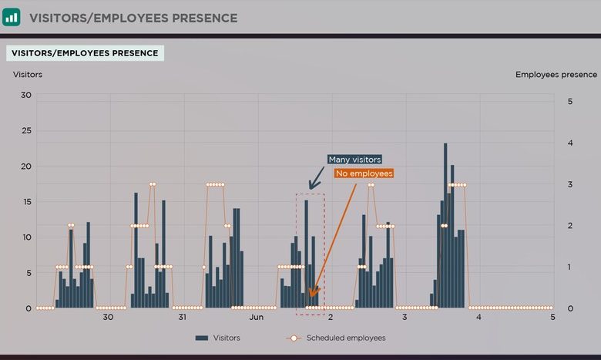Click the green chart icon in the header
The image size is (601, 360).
[12, 16]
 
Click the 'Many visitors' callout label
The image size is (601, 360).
[354, 160]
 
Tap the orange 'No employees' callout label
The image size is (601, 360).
[364, 173]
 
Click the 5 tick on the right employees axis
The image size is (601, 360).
[569, 101]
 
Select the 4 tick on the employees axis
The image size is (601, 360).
[569, 143]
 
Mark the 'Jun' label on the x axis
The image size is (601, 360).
[256, 317]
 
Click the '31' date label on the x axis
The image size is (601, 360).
[183, 317]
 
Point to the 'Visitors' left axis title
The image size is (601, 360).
[28, 75]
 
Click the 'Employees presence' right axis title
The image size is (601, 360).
[556, 75]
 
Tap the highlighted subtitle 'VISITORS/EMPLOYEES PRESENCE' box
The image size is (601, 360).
[85, 53]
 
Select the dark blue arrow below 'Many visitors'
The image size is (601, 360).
[316, 179]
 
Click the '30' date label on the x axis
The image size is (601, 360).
[108, 317]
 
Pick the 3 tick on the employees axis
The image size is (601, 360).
[569, 184]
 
